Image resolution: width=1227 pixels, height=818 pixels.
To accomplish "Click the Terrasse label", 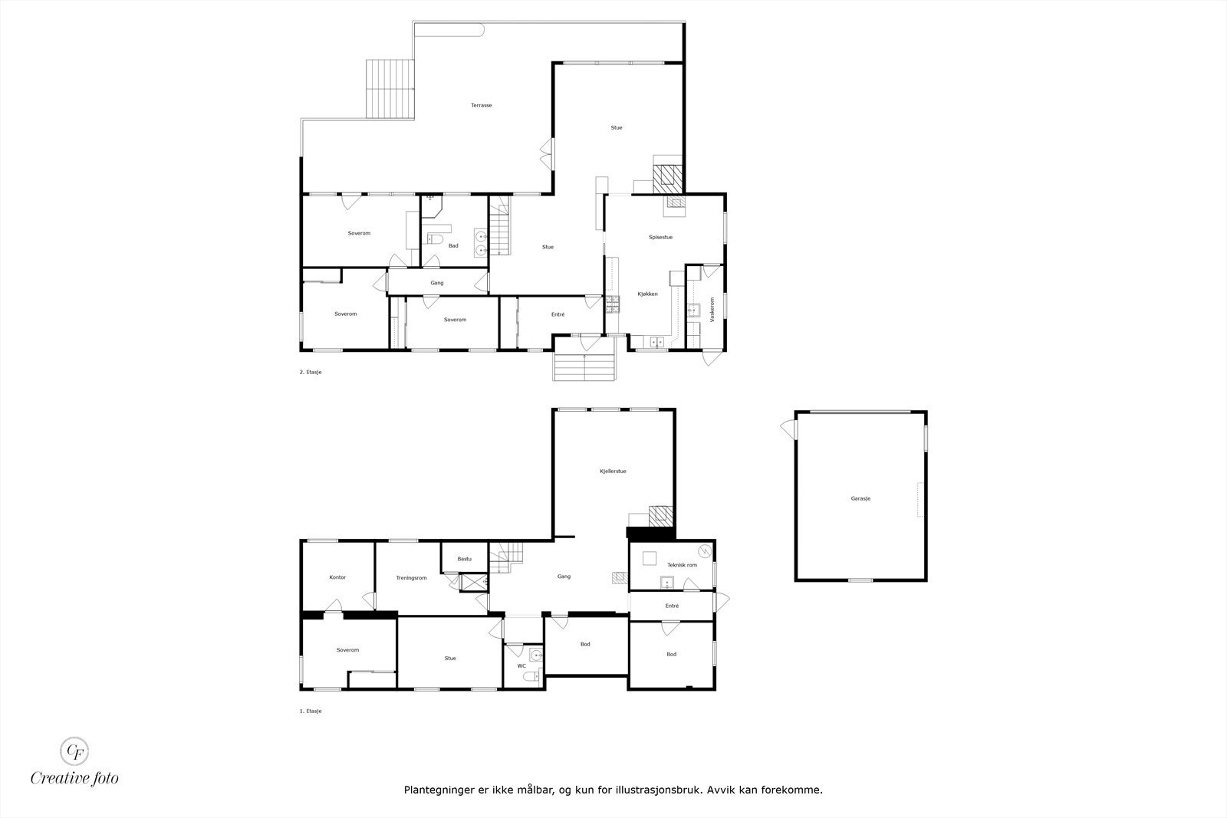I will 481,105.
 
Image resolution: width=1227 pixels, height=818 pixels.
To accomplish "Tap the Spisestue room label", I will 660,238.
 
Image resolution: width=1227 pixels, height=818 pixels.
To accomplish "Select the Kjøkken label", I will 647,294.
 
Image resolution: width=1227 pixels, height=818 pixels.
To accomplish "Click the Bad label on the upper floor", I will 453,246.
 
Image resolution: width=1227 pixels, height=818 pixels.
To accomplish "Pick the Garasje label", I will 860,498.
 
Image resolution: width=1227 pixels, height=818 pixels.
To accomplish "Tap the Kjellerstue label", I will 613,471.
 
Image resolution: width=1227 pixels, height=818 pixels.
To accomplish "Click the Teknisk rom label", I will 682,565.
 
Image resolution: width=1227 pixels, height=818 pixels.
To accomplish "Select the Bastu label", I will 465,559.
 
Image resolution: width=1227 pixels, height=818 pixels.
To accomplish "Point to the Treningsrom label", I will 411,578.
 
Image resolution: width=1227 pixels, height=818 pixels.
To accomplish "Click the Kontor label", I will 337,577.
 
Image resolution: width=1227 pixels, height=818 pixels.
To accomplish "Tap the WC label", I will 521,666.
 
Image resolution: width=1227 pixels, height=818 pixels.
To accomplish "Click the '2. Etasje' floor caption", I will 310,372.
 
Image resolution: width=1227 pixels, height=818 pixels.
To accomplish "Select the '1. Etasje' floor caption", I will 310,711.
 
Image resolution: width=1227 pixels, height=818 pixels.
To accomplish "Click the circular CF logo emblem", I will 74,750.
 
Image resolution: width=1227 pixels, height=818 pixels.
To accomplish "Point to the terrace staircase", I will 390,89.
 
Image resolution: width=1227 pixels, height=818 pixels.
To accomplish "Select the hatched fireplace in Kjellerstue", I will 660,516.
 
